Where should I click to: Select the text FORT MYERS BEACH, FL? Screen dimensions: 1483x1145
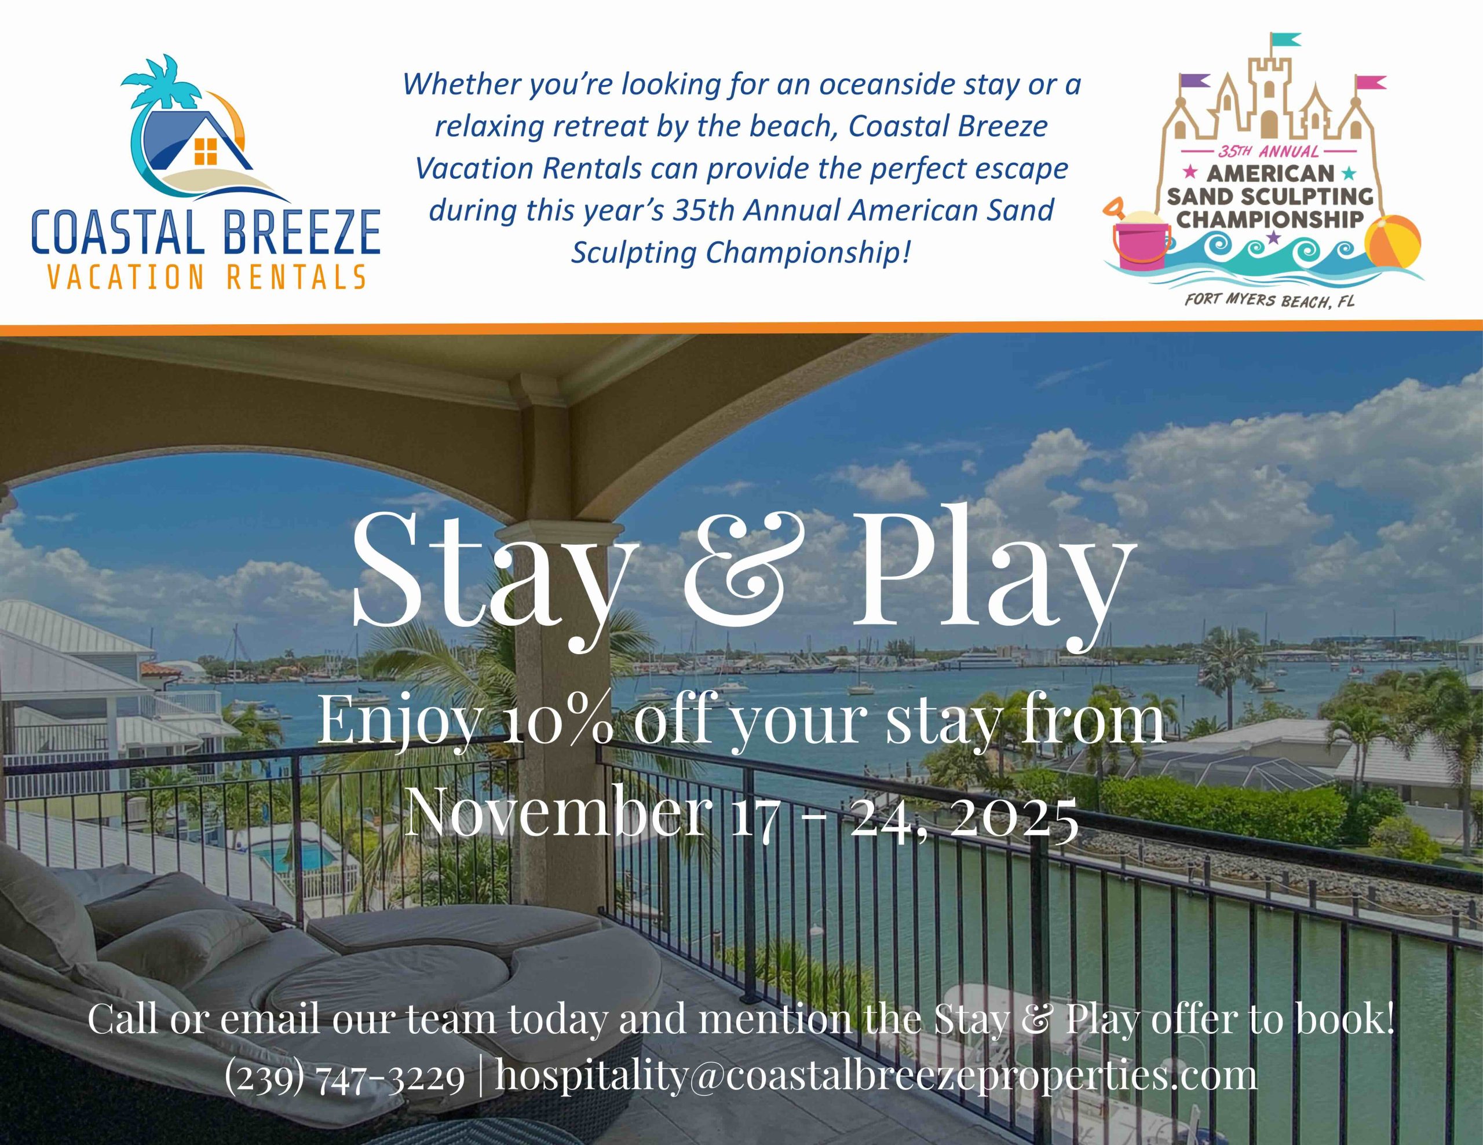tap(1269, 299)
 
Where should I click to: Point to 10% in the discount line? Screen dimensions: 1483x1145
tap(560, 721)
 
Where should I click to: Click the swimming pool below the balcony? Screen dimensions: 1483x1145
tap(299, 857)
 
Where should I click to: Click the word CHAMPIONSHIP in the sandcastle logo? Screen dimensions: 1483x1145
tap(1270, 219)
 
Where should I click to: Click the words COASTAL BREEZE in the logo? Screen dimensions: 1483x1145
tap(206, 233)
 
